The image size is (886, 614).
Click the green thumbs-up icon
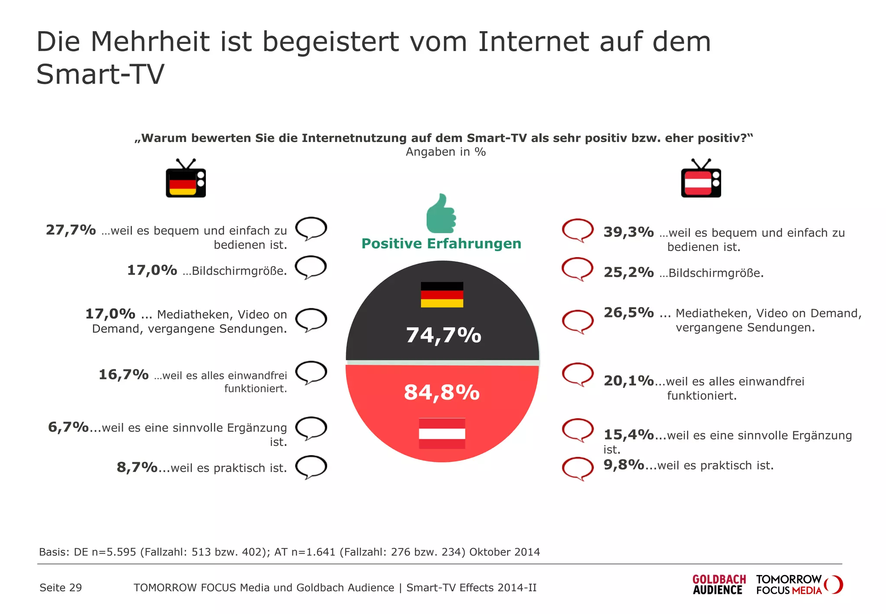(441, 214)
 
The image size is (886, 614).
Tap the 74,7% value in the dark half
(443, 335)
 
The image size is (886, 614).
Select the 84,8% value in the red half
(442, 392)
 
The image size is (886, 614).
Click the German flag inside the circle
(442, 294)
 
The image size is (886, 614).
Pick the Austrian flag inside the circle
(442, 433)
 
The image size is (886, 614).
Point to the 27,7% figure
(71, 230)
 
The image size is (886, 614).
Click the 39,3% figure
(629, 232)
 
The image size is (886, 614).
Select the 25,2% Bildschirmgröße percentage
(629, 272)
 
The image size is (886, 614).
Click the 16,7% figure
(124, 375)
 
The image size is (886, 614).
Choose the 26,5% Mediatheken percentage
(629, 313)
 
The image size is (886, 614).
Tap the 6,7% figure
(68, 427)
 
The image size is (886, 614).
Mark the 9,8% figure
(624, 465)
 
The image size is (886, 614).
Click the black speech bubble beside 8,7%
(311, 467)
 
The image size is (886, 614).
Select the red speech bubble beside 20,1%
(578, 374)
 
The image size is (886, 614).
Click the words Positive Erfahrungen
(441, 244)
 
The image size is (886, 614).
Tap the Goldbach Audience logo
(719, 585)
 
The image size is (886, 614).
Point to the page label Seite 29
(61, 588)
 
